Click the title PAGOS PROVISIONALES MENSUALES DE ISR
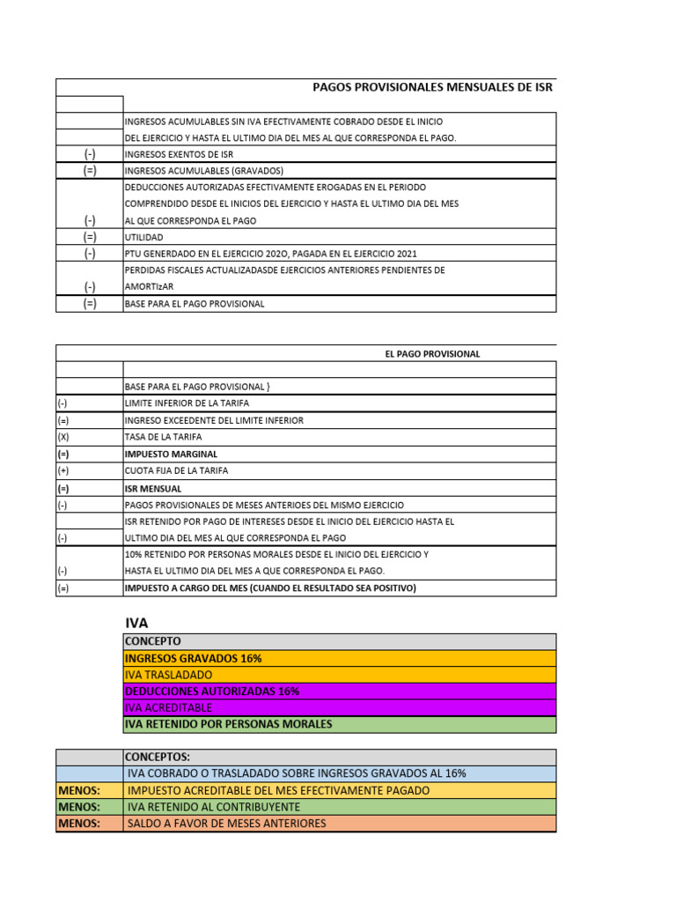433,86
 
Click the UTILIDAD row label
144,237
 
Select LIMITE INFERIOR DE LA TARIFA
183,403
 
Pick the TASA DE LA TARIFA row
164,437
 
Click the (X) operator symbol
63,437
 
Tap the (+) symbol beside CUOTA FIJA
63,470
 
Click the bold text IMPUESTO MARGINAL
171,454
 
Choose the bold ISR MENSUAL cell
154,488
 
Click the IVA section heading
136,623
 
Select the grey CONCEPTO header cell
154,641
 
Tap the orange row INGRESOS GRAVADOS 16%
194,658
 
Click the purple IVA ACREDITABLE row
169,707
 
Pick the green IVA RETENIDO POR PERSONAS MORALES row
229,724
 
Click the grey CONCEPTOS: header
158,757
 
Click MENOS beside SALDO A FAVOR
79,824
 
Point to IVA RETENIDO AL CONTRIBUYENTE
214,807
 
